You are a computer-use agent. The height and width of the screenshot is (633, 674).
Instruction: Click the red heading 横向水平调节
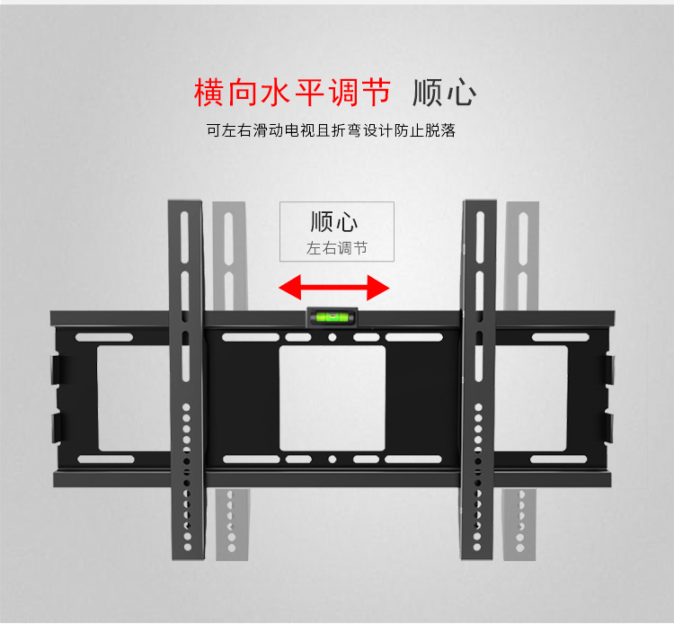[x=293, y=92]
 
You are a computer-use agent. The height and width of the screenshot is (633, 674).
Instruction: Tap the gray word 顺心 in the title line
[x=443, y=93]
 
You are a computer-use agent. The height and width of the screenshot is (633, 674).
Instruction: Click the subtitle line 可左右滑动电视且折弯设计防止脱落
[x=331, y=131]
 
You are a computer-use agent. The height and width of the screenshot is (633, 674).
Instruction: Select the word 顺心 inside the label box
[x=334, y=222]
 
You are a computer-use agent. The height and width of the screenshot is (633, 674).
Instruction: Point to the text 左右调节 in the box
[x=336, y=248]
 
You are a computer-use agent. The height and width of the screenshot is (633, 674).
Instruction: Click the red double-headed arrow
[x=333, y=288]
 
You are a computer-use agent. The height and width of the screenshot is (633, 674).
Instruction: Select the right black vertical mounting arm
[x=479, y=378]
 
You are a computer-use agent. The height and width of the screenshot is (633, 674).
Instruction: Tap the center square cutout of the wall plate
[x=332, y=397]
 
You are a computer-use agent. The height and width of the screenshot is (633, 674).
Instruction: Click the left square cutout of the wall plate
[x=130, y=397]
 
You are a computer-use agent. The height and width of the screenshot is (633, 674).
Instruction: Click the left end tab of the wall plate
[x=57, y=397]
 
